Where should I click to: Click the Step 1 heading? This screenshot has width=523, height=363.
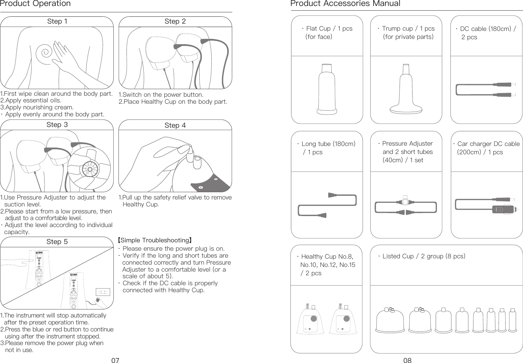tap(57, 22)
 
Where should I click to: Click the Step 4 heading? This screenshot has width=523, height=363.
tap(175, 125)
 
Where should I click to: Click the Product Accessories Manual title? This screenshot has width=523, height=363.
tap(345, 4)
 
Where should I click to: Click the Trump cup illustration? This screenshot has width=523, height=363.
tap(406, 91)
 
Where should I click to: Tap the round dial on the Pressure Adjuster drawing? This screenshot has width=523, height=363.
tap(405, 202)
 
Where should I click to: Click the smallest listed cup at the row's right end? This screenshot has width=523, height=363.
tap(512, 320)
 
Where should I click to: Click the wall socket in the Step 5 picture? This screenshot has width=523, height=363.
tap(102, 292)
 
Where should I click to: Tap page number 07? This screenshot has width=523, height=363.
tap(115, 360)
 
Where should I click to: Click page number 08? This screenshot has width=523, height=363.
tap(407, 360)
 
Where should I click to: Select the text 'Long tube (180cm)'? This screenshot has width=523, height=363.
tap(328, 144)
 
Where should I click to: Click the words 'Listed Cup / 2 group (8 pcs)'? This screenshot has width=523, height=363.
tap(424, 256)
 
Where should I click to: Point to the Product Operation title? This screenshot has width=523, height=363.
tap(36, 4)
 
